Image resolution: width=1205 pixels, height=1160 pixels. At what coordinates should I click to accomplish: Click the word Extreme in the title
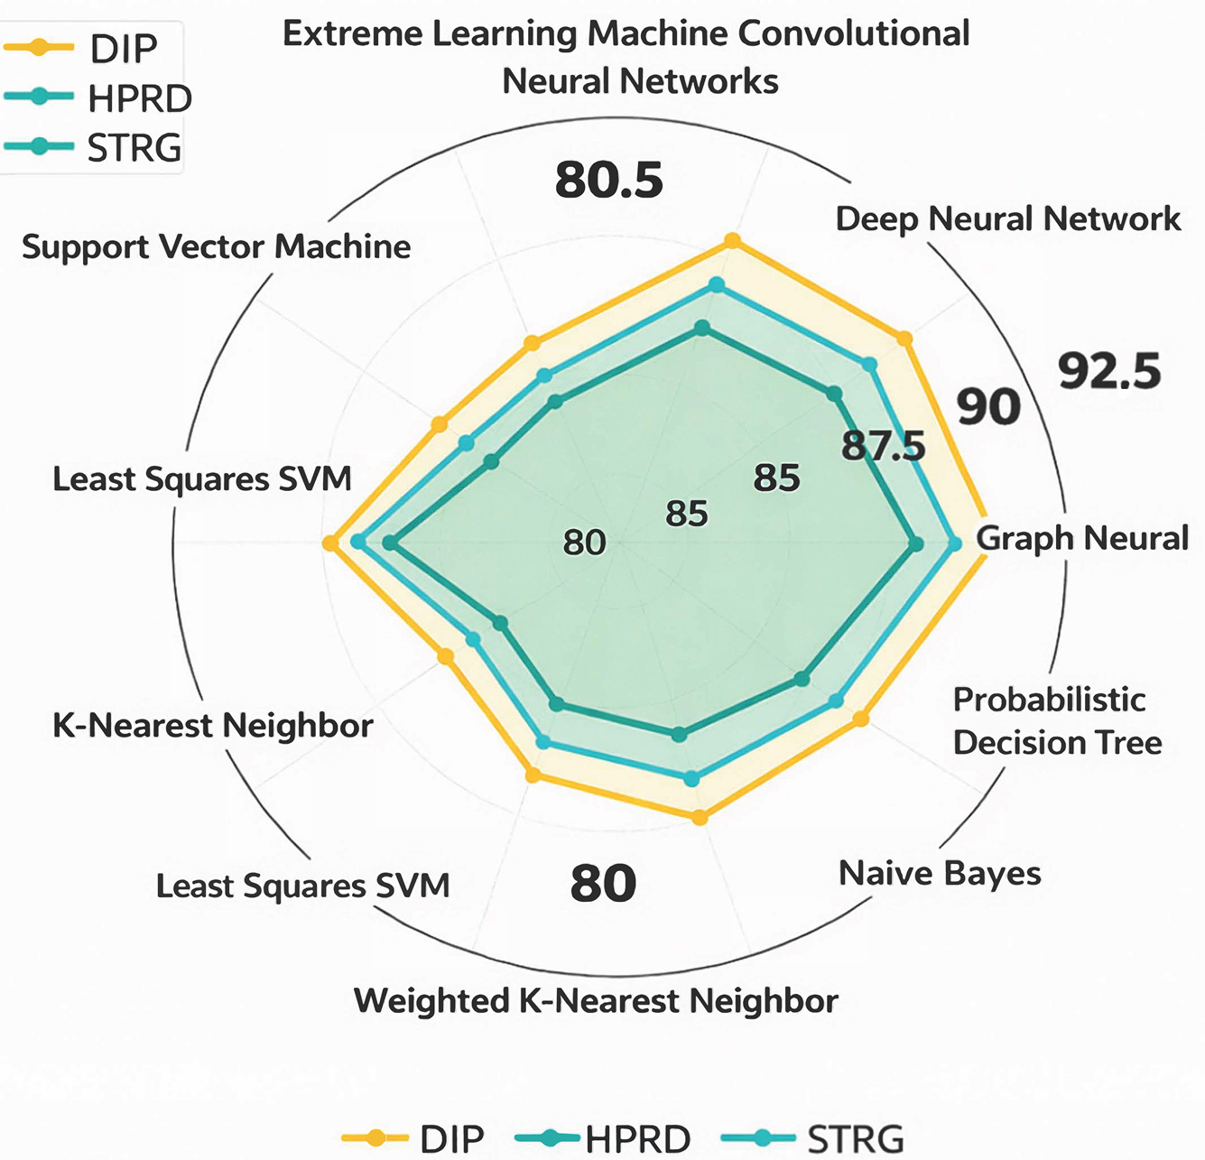pos(352,34)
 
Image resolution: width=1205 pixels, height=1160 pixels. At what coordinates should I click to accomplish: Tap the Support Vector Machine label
pos(216,246)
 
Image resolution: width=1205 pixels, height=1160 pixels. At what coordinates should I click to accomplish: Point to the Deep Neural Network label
pos(1008,220)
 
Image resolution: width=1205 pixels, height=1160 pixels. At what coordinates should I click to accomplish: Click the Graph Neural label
pos(1082,538)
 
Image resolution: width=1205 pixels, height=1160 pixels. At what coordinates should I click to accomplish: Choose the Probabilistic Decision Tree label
pos(1058,721)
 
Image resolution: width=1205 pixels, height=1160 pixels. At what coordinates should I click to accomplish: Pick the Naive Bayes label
pos(940,874)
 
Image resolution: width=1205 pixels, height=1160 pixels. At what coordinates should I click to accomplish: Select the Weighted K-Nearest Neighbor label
pos(596,1001)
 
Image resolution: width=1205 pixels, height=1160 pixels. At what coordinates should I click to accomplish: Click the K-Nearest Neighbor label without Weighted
pos(212,725)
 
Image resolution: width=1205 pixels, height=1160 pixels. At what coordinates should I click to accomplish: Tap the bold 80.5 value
pos(608,181)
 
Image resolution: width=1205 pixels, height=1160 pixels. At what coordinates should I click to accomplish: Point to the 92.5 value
pos(1109,371)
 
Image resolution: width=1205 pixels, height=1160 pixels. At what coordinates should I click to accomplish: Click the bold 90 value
pos(989,406)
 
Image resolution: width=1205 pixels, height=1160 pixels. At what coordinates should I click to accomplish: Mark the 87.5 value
pos(883,446)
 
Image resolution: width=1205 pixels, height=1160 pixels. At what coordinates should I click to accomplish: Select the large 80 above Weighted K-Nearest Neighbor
pos(603,883)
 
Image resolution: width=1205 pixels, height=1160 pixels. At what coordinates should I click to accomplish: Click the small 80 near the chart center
pos(584,543)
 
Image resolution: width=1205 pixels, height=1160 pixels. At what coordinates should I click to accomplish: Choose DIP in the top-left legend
pos(124,49)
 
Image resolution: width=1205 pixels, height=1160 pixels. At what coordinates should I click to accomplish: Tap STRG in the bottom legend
pos(855,1138)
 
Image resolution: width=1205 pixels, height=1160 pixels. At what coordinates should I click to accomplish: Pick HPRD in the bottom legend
pos(638,1138)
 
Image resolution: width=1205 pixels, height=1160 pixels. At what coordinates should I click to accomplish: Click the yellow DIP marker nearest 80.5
pos(732,240)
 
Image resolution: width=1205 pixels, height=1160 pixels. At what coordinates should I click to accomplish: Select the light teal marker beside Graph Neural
pos(954,543)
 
